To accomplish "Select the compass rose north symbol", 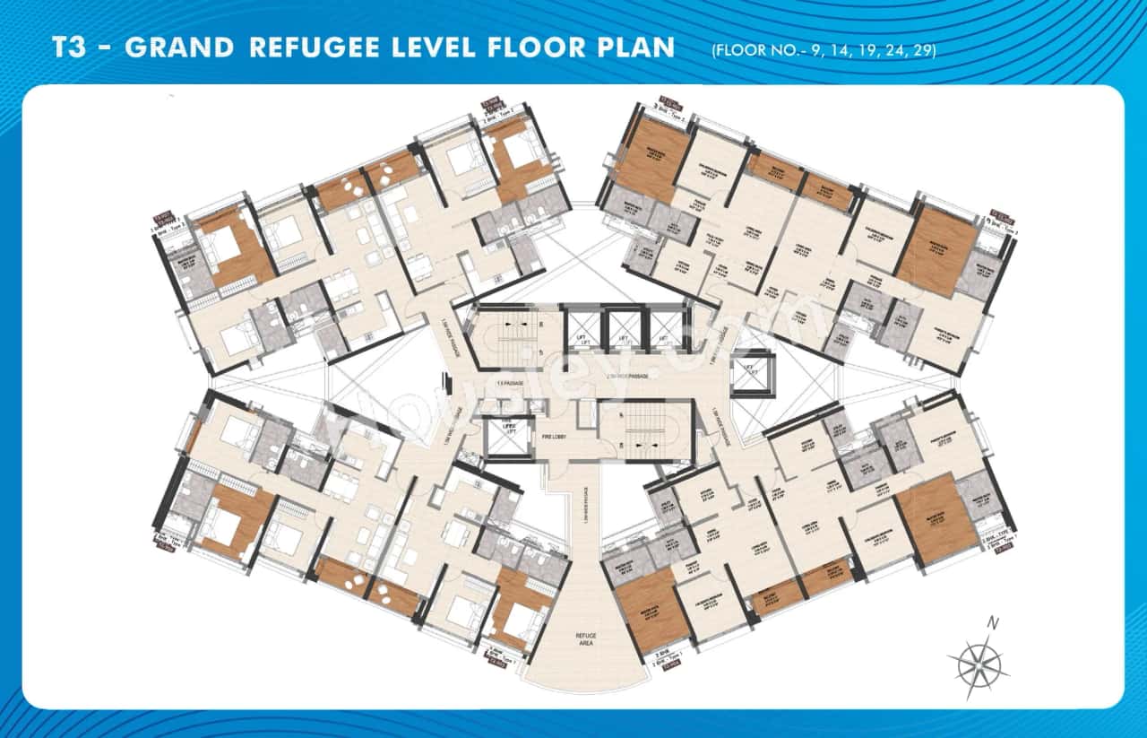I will (x=979, y=665).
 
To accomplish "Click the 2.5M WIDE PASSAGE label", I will (x=627, y=378).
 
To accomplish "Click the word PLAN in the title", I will (x=634, y=48).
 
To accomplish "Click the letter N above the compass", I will (x=991, y=622).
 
